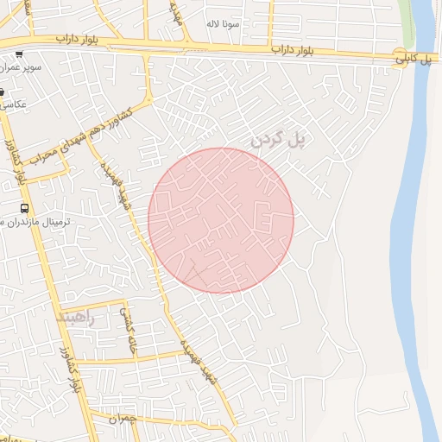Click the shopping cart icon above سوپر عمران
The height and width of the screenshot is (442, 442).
[x=19, y=54]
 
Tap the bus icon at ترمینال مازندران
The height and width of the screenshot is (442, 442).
[x=24, y=208]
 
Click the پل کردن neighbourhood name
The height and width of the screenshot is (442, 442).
[x=280, y=137]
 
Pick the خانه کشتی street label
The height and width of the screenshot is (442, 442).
[x=131, y=330]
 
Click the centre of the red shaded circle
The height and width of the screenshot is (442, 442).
[x=221, y=220]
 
